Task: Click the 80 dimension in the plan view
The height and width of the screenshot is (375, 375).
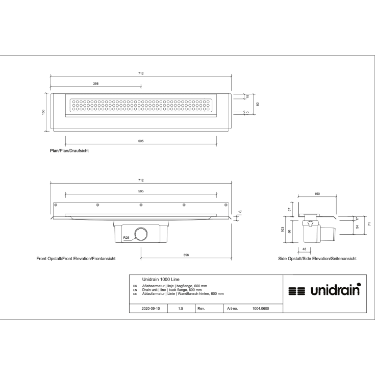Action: coord(258,104)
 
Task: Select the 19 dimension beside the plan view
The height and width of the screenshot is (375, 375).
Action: coord(247,96)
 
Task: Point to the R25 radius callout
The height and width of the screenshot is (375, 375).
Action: coord(126,238)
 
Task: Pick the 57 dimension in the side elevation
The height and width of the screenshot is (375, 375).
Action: coord(290,209)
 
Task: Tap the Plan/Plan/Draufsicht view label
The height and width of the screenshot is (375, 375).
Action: coord(66,152)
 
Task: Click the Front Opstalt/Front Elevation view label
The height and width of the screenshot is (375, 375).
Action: coord(76,259)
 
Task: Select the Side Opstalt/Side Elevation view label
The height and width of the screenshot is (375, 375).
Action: coord(317,259)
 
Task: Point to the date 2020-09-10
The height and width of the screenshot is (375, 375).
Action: coord(152,309)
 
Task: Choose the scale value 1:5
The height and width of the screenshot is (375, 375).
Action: coord(181,309)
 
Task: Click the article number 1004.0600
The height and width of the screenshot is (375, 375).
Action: coord(261,309)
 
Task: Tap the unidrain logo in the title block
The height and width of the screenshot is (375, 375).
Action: coord(324,291)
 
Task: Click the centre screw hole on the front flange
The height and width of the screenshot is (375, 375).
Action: coord(141,205)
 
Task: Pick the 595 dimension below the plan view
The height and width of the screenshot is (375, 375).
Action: coord(140,141)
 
